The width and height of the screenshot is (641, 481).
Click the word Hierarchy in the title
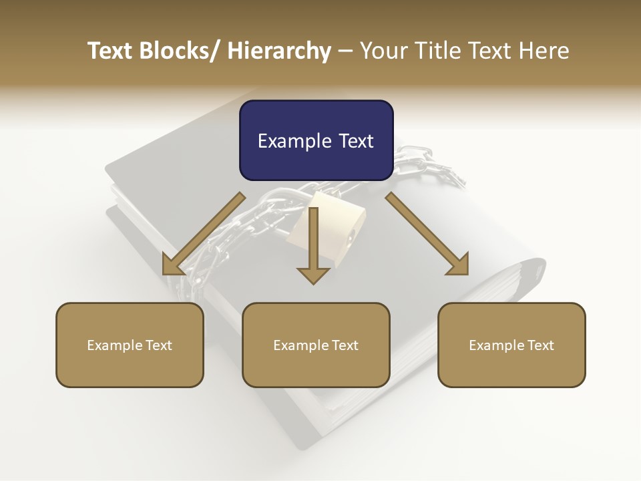point(279,51)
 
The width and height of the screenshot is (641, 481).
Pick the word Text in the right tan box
point(540,345)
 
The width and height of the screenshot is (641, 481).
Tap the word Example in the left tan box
point(114,345)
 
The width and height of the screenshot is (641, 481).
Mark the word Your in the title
point(383,51)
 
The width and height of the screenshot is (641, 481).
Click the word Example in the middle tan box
point(300,345)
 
